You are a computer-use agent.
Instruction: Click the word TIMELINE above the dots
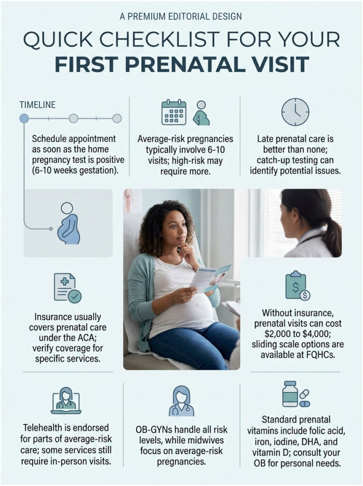pyautogui.click(x=38, y=104)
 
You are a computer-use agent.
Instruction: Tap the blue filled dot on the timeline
pyautogui.click(x=24, y=118)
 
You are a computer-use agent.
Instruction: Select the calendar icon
pyautogui.click(x=174, y=112)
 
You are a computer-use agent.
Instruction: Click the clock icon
pyautogui.click(x=295, y=112)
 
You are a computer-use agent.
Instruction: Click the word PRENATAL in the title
pyautogui.click(x=212, y=65)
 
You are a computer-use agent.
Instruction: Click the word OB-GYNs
pyautogui.click(x=158, y=430)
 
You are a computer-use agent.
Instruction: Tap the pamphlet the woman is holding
pyautogui.click(x=210, y=278)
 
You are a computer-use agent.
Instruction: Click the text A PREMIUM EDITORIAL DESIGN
pyautogui.click(x=181, y=17)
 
